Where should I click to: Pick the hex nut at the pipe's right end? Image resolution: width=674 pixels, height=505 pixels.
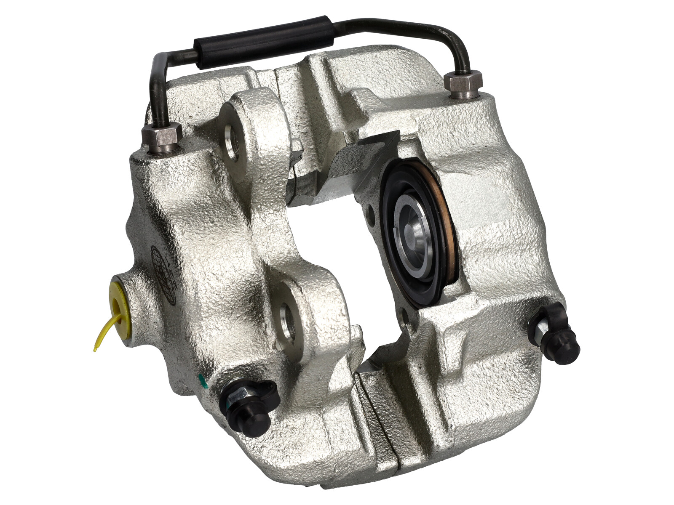(x=463, y=84)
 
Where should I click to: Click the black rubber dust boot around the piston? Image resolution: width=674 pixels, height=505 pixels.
(x=394, y=269)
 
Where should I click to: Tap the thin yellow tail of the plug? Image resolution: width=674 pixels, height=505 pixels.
(x=101, y=337)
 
